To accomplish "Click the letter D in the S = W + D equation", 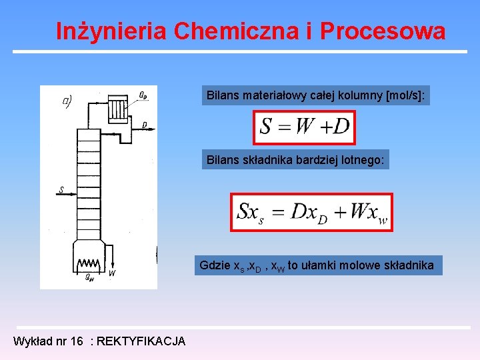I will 341,127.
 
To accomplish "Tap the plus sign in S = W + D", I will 322,127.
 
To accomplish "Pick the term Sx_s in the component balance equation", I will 250,213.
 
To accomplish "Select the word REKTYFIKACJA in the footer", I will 141,341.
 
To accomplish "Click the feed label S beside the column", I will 61,190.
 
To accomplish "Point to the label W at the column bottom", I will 111,273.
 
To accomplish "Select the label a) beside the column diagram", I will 67,101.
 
